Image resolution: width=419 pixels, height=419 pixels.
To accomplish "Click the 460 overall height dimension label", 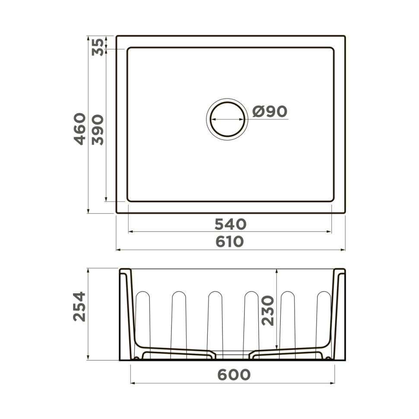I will (x=79, y=129).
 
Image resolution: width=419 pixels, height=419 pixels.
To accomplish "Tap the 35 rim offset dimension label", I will (x=98, y=47).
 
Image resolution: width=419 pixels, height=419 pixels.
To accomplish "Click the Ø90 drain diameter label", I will (x=270, y=111).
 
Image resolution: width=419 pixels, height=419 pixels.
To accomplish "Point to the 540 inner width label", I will (x=230, y=224).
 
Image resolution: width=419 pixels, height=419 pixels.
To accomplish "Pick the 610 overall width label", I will (x=230, y=242).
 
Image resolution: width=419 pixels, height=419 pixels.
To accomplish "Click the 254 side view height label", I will (x=79, y=306).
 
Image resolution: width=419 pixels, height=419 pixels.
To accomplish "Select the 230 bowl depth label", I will (x=268, y=310).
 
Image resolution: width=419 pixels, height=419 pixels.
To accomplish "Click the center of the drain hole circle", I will (x=227, y=119).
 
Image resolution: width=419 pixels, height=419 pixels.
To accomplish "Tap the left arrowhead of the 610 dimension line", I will (x=118, y=250).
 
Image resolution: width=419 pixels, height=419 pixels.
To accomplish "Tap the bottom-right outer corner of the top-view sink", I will (x=345, y=213).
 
